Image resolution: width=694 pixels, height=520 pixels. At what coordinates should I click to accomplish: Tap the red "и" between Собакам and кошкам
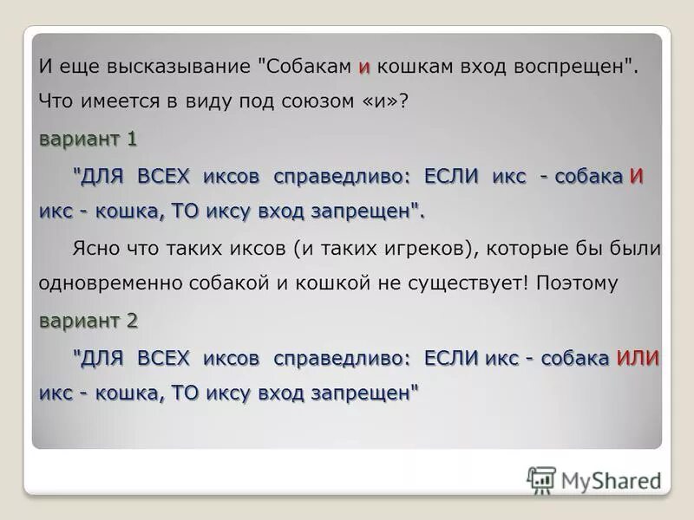click(x=364, y=67)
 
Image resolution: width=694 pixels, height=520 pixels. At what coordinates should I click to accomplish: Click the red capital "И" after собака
click(x=636, y=176)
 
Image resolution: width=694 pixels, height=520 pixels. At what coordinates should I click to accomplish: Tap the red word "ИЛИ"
click(x=638, y=359)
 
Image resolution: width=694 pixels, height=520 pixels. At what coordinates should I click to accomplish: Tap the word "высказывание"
click(x=184, y=66)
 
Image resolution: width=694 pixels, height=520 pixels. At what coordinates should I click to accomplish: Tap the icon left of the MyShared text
click(x=541, y=479)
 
